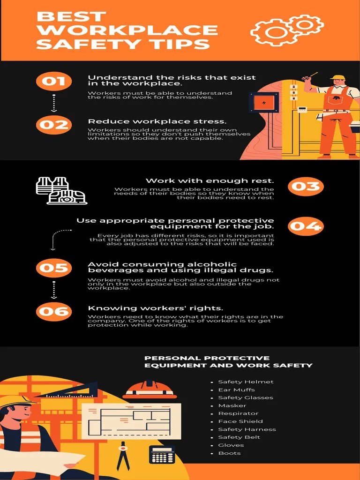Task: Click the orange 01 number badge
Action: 53,81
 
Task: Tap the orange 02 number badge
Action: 53,125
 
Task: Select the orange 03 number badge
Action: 306,186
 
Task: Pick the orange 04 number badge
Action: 306,226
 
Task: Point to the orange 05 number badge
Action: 53,268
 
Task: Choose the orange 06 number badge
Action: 53,311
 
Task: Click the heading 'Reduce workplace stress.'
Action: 157,121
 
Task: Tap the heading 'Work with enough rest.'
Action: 210,180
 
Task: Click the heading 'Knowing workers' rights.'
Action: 155,308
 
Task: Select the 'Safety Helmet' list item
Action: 246,382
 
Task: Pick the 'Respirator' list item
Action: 238,413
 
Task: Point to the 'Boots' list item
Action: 229,453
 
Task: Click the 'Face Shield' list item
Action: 240,421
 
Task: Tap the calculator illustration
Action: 162,454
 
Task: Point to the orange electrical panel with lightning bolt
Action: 264,103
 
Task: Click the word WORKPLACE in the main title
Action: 127,30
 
